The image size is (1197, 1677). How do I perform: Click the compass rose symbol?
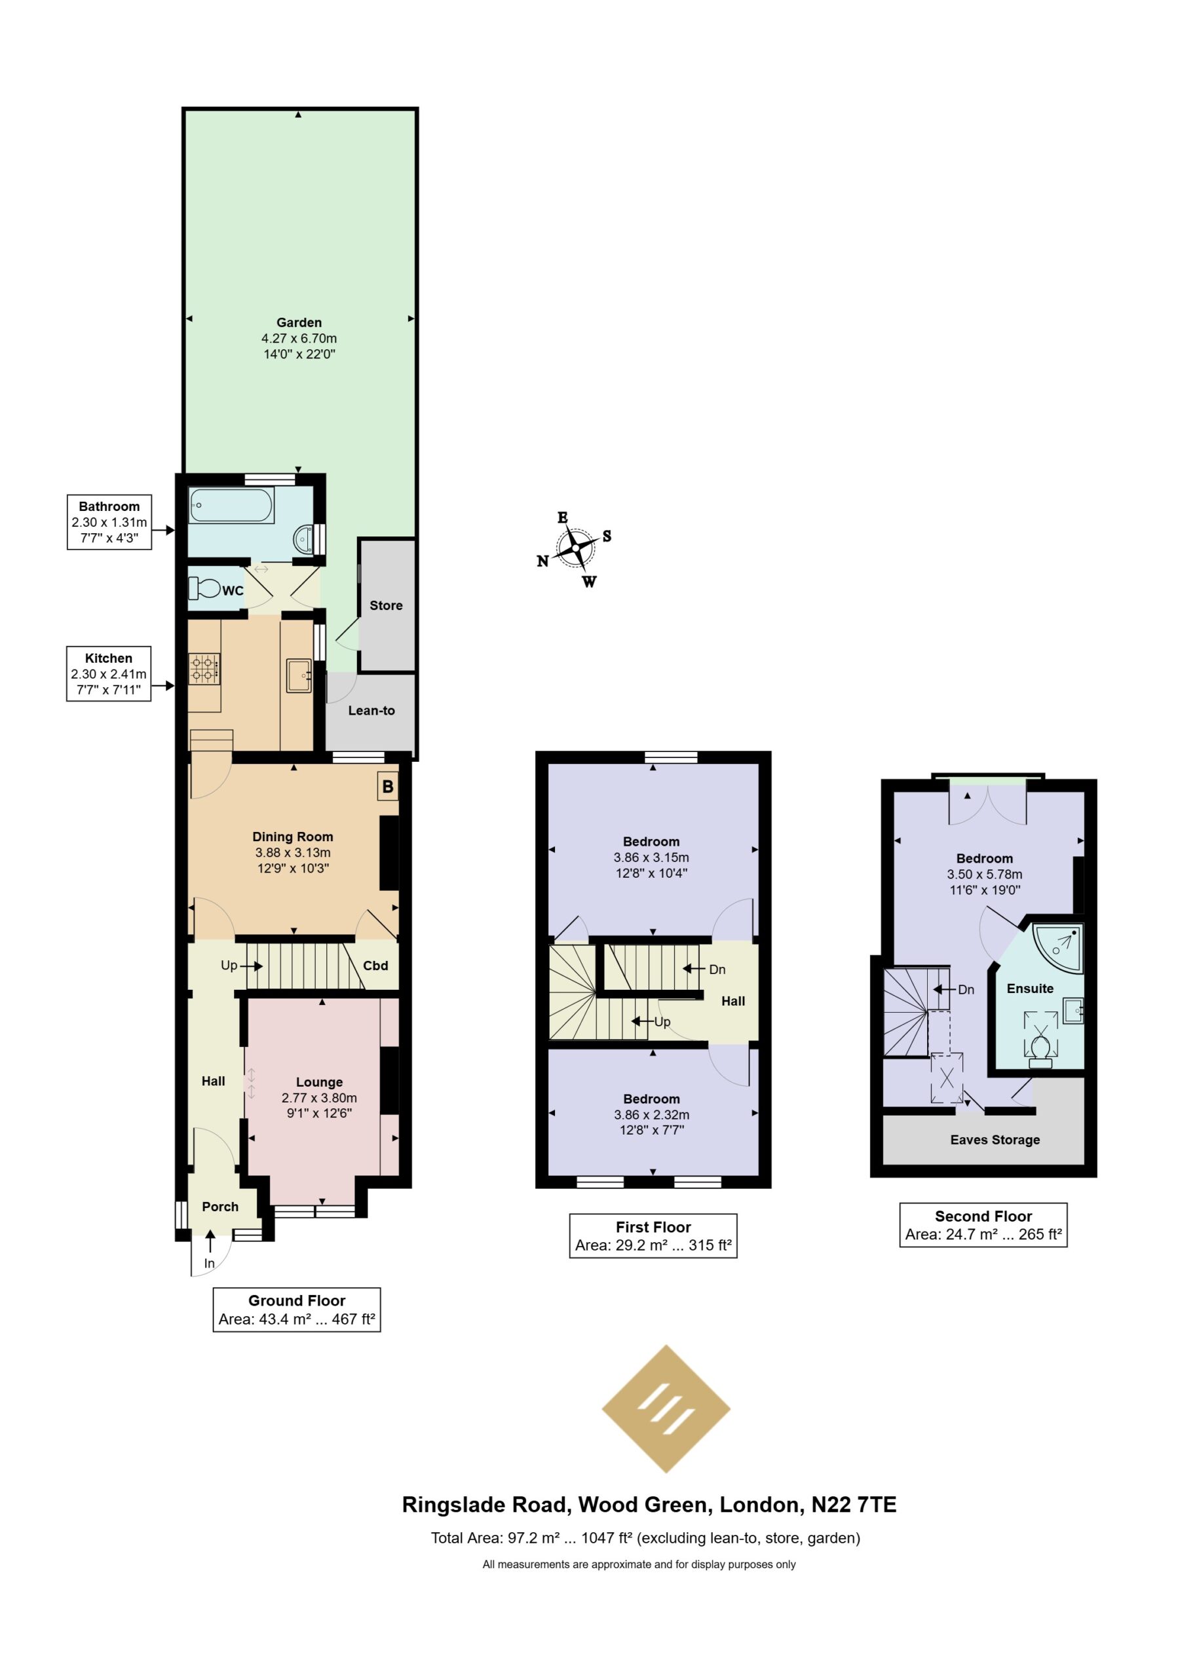pos(575,549)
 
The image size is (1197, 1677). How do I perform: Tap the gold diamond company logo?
pos(666,1409)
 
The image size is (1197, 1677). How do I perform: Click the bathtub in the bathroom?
pos(231,506)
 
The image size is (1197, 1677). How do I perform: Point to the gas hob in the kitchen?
pos(205,669)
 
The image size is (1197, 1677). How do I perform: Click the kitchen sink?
pos(300,675)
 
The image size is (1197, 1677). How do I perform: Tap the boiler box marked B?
pos(388,786)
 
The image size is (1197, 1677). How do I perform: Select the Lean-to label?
pos(371,710)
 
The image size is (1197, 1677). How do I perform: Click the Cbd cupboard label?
pos(375,965)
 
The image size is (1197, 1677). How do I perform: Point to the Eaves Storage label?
pos(995,1140)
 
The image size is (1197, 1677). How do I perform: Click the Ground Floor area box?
pos(296,1310)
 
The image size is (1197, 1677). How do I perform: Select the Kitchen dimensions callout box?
pos(109,673)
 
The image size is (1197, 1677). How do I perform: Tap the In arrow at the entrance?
pos(210,1241)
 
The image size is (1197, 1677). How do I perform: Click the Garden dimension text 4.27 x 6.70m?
pos(299,338)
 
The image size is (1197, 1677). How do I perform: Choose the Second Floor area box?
pos(983,1224)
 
